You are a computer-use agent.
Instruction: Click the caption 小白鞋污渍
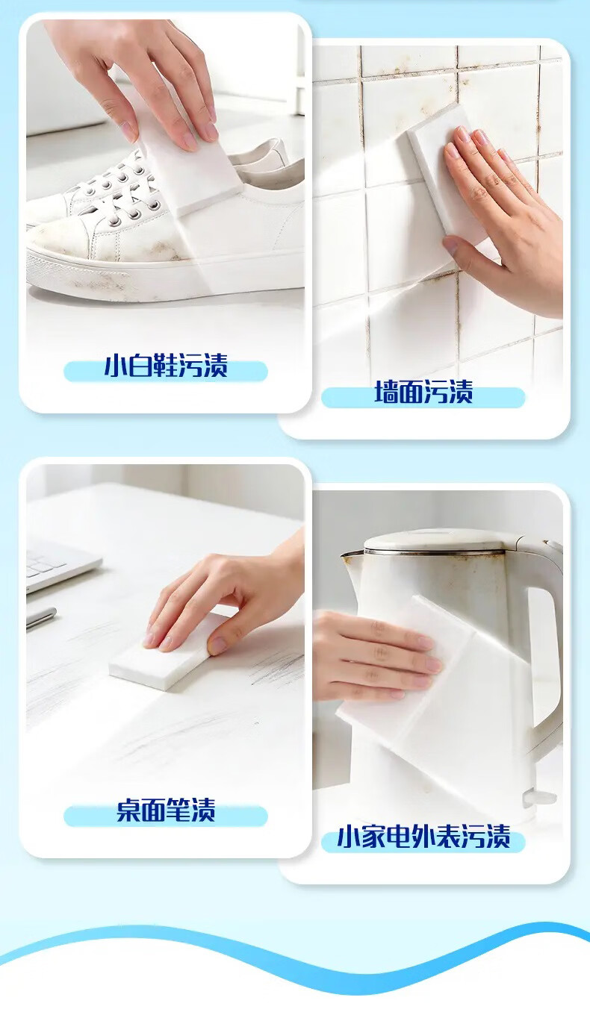[166, 366]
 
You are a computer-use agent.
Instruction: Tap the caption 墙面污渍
[423, 392]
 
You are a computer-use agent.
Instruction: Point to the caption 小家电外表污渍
[423, 837]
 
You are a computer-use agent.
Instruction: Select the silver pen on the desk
[41, 617]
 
